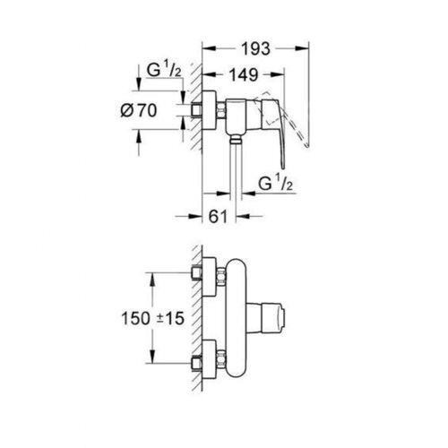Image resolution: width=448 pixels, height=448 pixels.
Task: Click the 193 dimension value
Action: [255, 48]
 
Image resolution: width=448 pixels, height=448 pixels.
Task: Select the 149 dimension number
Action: [244, 74]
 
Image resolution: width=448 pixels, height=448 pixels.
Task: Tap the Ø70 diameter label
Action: [139, 110]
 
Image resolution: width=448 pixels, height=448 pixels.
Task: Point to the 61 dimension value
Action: [218, 217]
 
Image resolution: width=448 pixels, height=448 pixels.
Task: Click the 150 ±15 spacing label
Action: [152, 318]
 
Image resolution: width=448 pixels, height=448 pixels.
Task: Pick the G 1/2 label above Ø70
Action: [164, 71]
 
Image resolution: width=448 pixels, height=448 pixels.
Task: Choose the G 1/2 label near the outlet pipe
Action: [275, 184]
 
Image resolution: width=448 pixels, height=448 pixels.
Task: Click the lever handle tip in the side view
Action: [283, 167]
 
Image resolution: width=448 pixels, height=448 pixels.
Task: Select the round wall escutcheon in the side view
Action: [209, 110]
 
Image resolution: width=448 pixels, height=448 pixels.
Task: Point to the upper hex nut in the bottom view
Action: [221, 277]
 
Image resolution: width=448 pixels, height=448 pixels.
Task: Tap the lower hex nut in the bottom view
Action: [221, 359]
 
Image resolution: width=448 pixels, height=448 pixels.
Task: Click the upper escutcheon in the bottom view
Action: [209, 277]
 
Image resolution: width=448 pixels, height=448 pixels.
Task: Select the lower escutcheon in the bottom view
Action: [209, 359]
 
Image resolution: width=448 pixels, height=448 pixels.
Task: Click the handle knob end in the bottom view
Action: [273, 318]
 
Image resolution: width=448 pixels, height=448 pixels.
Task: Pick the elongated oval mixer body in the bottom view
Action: [236, 318]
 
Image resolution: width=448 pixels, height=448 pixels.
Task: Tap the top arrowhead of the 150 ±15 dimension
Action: [152, 279]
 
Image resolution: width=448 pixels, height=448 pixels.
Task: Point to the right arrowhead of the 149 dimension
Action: [277, 74]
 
